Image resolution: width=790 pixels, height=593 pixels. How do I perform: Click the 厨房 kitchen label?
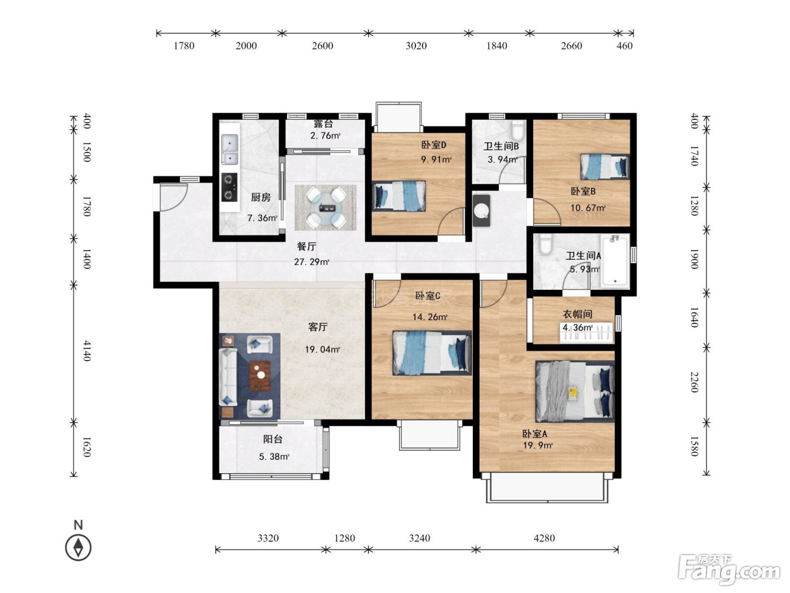pyautogui.click(x=261, y=197)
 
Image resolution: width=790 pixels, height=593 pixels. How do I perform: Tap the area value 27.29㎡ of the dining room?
pyautogui.click(x=311, y=261)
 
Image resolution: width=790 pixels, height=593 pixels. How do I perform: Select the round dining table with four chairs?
pyautogui.click(x=326, y=207)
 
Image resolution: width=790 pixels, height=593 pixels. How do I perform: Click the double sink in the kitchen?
pyautogui.click(x=230, y=149)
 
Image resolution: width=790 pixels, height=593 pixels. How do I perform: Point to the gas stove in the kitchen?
pyautogui.click(x=229, y=188)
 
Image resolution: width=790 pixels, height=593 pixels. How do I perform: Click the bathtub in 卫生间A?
pyautogui.click(x=615, y=261)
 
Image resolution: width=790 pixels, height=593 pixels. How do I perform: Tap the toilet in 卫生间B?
pyautogui.click(x=518, y=130)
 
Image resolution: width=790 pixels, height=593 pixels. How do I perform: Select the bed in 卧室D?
pyautogui.click(x=399, y=196)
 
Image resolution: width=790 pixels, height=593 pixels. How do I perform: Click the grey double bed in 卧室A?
pyautogui.click(x=575, y=391)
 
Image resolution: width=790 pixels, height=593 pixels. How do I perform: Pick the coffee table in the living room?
pyautogui.click(x=260, y=376)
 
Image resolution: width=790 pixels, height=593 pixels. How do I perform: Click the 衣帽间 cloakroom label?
pyautogui.click(x=577, y=315)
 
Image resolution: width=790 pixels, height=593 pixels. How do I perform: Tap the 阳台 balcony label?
pyautogui.click(x=273, y=439)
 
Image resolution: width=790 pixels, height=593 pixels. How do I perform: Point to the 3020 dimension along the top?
pyautogui.click(x=416, y=46)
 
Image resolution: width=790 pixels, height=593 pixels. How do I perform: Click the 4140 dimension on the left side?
pyautogui.click(x=87, y=351)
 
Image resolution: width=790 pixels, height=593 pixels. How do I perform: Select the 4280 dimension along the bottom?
pyautogui.click(x=544, y=538)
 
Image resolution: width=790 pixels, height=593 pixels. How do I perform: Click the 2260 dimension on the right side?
pyautogui.click(x=694, y=382)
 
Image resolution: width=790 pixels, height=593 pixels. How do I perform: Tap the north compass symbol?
pyautogui.click(x=78, y=547)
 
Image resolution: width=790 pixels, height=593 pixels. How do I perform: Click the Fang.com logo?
pyautogui.click(x=728, y=570)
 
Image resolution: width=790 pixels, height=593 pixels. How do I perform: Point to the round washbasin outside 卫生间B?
pyautogui.click(x=481, y=211)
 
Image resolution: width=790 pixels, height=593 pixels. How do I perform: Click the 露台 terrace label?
pyautogui.click(x=323, y=124)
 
